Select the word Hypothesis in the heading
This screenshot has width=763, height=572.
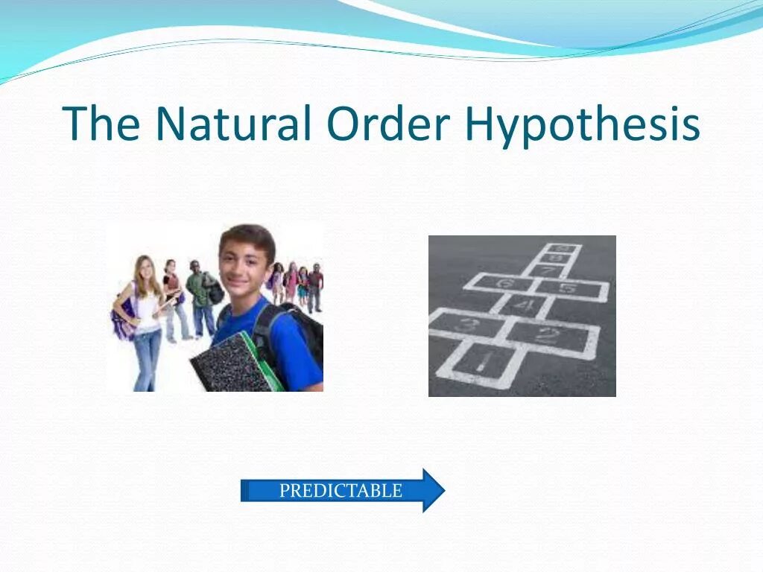tap(583, 124)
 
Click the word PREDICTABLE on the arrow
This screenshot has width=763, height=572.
tap(341, 491)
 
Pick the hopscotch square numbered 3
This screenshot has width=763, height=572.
tap(466, 325)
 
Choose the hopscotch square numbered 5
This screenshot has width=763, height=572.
tap(569, 287)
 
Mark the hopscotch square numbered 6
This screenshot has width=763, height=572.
tap(504, 283)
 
